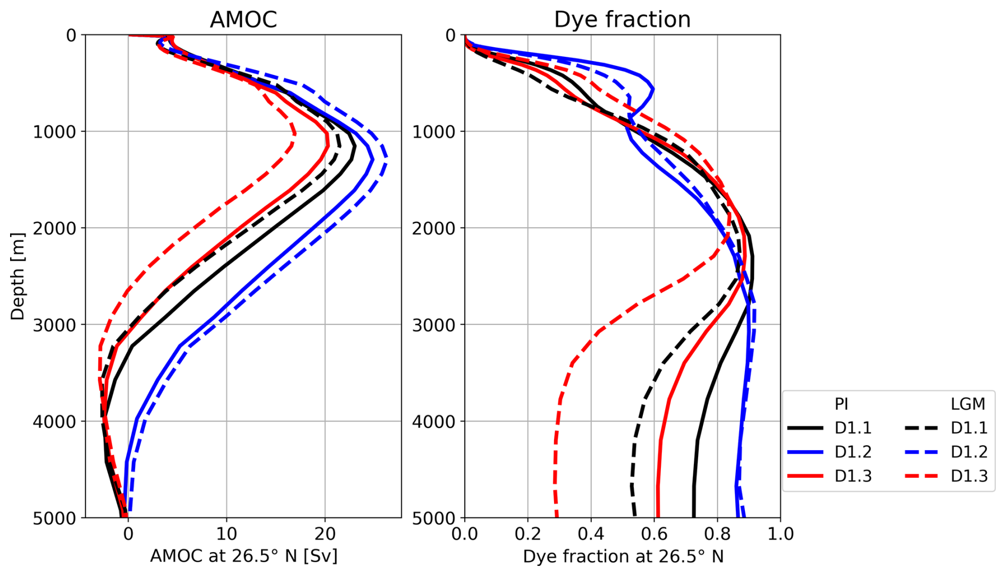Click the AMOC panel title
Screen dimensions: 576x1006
(243, 20)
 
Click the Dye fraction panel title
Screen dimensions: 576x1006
(622, 20)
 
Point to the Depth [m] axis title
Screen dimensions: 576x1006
(18, 276)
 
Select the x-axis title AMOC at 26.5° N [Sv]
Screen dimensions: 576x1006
(244, 556)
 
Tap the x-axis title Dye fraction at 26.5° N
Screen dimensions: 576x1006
(623, 556)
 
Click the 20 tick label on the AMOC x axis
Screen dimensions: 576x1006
(325, 533)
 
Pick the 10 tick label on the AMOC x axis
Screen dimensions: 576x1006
(227, 533)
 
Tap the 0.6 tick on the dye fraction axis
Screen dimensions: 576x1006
(654, 533)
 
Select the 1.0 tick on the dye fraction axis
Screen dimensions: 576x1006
(780, 533)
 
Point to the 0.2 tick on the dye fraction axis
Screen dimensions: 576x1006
(527, 533)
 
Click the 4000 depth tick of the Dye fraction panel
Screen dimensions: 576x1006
(434, 421)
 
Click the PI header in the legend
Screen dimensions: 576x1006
(841, 404)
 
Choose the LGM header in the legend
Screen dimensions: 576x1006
(968, 404)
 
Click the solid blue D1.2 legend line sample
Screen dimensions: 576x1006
(805, 452)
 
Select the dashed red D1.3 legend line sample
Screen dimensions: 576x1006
(921, 476)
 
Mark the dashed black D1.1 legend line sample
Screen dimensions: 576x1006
(921, 428)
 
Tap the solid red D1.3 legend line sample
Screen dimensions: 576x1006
(805, 476)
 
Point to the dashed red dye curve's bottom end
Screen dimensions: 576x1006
(557, 515)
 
